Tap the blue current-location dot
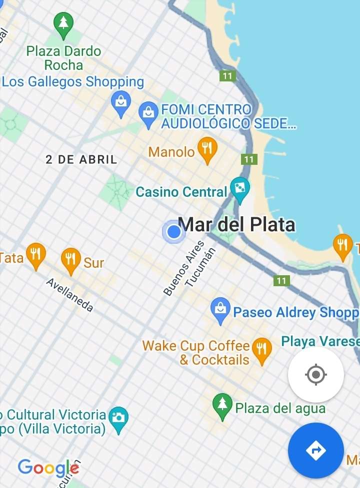tap(173, 232)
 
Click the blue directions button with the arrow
tap(315, 451)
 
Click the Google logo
tap(48, 468)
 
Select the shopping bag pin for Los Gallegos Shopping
tap(121, 103)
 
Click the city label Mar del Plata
tap(236, 225)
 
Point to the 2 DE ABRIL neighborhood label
tap(81, 160)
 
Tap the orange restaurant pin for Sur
tap(70, 260)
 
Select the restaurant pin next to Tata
tap(35, 255)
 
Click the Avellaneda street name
tap(69, 295)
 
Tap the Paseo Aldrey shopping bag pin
tap(220, 309)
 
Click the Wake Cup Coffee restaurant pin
tap(261, 349)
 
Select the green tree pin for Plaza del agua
tap(222, 405)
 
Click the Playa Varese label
tap(320, 342)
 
